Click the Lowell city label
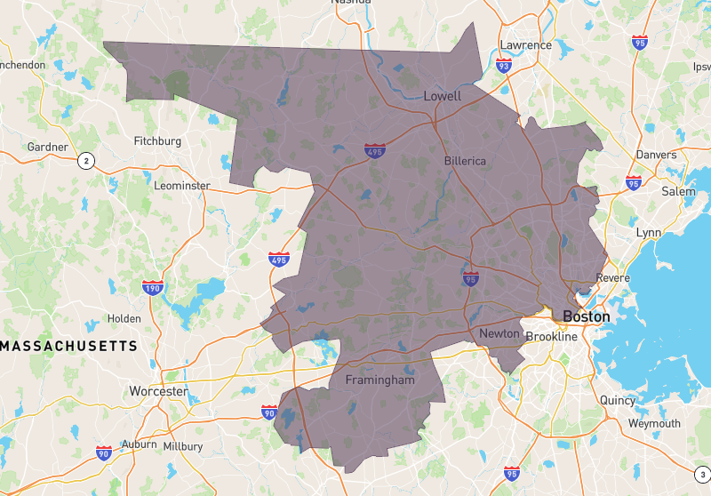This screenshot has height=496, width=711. (x=443, y=96)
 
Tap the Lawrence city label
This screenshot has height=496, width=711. (x=525, y=45)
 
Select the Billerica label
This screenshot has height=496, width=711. (x=465, y=161)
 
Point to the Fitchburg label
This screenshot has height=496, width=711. (x=157, y=141)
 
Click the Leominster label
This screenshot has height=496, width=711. (x=182, y=186)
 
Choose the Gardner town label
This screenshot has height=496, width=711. (x=48, y=147)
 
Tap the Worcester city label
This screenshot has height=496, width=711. (x=158, y=391)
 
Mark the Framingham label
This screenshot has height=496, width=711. (x=379, y=380)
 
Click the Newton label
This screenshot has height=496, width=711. (x=499, y=333)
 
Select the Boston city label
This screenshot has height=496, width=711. (x=587, y=316)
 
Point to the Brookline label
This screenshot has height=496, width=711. (x=551, y=337)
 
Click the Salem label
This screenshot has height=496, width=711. (x=678, y=191)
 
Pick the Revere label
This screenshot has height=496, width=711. (x=613, y=278)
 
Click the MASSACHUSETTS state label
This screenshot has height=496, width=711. (x=68, y=345)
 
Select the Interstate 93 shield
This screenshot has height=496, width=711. (x=504, y=65)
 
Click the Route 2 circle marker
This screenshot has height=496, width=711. (x=85, y=161)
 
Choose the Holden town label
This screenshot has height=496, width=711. (x=124, y=318)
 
